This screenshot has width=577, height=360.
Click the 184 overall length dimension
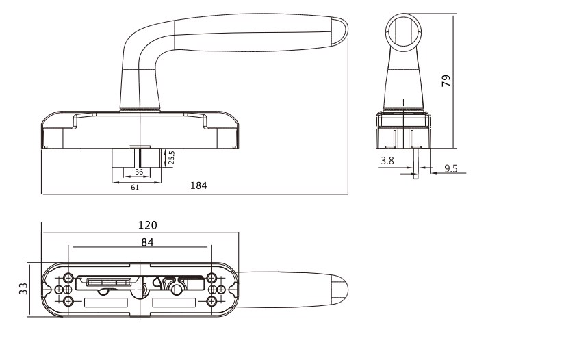[x=198, y=185]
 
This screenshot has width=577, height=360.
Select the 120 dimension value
[x=148, y=225]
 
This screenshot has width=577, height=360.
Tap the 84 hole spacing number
[x=147, y=242]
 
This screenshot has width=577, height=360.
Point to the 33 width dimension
[x=23, y=288]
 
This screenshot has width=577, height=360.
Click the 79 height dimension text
[x=446, y=81]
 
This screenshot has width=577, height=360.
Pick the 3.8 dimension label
[x=387, y=160]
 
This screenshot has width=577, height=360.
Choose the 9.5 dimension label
[x=451, y=168]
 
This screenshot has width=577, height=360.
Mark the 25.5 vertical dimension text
[x=171, y=157]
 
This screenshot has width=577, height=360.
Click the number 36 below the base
[x=139, y=172]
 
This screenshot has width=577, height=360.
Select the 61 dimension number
[x=135, y=188]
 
